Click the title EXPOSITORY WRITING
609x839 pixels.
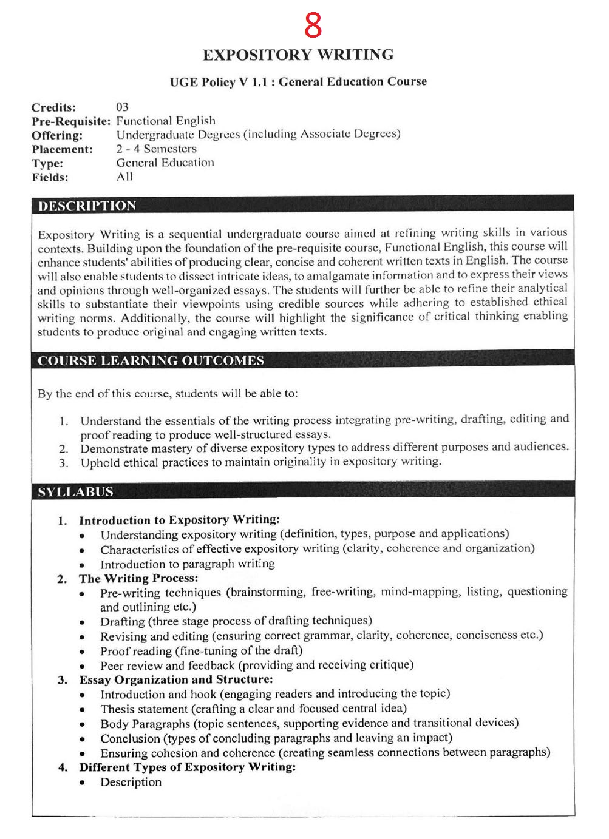coord(298,55)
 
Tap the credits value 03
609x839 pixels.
coord(122,107)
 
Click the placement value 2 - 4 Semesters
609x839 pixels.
coord(157,149)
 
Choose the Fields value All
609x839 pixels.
coord(124,177)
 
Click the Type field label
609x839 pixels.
coord(47,163)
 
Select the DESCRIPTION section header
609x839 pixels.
coord(87,206)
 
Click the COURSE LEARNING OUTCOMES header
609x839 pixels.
coord(151,361)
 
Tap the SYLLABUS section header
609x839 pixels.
coord(76,492)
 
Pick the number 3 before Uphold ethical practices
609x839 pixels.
coord(63,463)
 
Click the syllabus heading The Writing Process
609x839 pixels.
coord(138,579)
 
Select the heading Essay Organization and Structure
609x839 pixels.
coord(176,680)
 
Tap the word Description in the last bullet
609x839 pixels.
coord(131,783)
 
